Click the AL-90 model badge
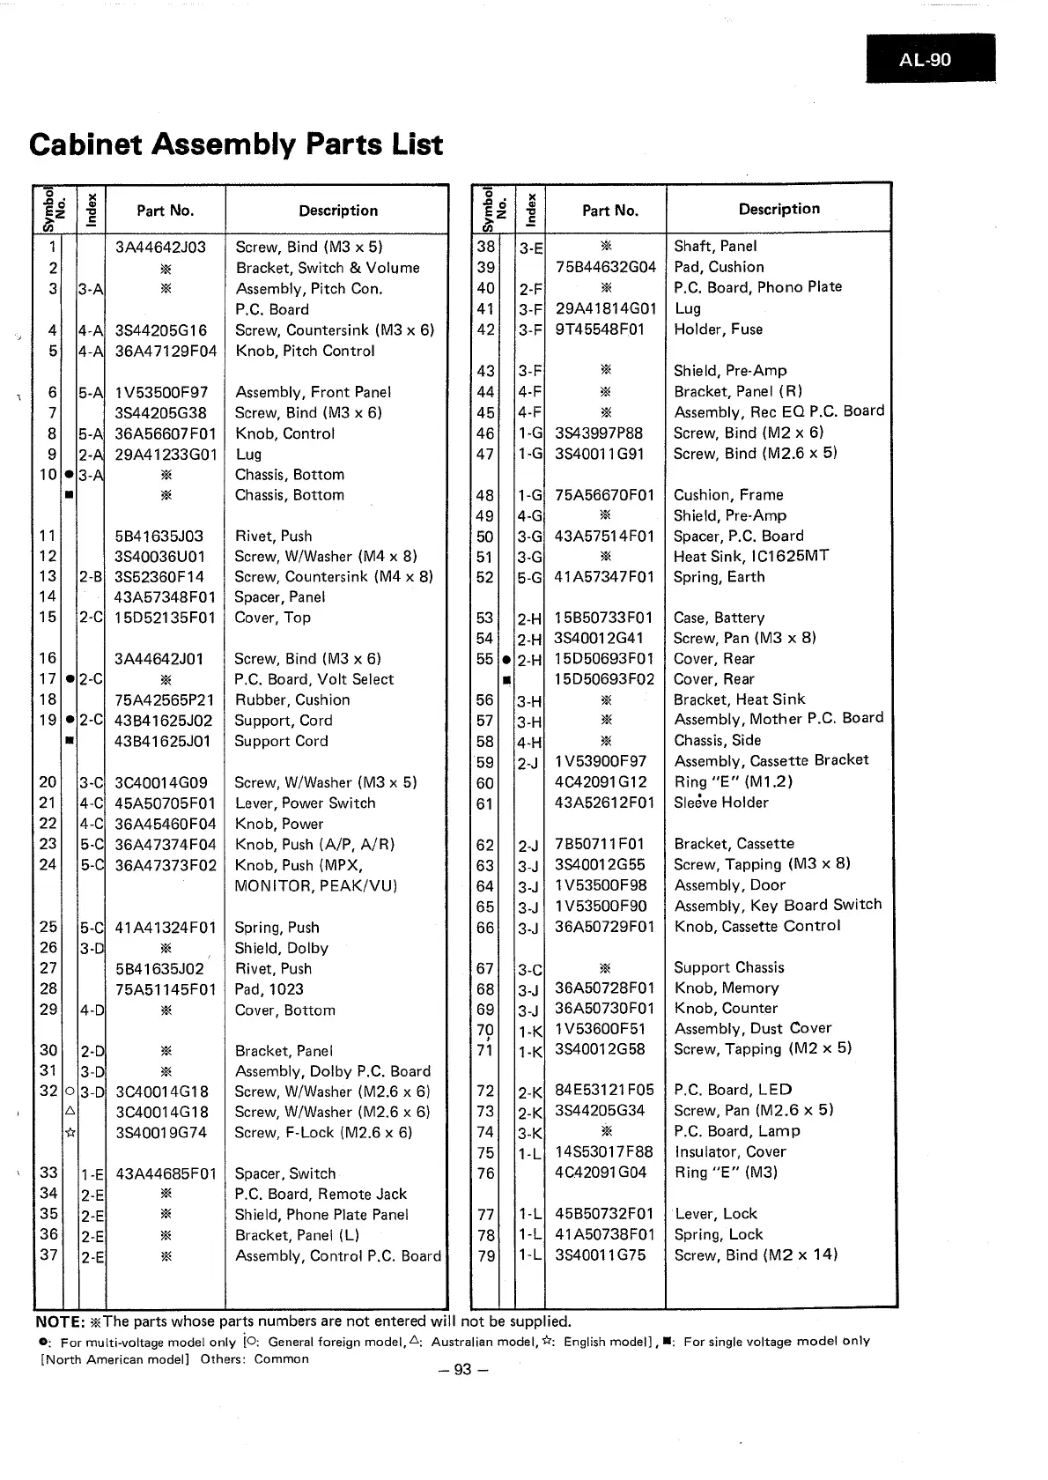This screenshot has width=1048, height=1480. [x=930, y=59]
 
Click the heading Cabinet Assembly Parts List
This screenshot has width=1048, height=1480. [x=236, y=144]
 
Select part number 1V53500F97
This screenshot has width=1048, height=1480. [x=161, y=392]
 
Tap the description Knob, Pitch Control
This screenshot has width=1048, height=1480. [x=305, y=351]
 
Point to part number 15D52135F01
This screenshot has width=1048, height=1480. [x=165, y=618]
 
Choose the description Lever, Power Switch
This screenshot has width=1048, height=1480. [x=305, y=803]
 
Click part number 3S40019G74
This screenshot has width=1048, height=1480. [x=161, y=1132]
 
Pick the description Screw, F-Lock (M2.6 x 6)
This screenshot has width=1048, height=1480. [x=323, y=1132]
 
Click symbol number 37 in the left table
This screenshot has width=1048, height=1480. [x=48, y=1254]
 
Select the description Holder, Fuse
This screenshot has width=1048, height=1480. [x=718, y=329]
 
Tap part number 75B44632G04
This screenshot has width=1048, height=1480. [x=606, y=267]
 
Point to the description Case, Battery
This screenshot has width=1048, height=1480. [x=719, y=618]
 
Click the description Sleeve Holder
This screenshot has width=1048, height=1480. [x=720, y=803]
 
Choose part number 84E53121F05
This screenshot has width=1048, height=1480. [x=604, y=1090]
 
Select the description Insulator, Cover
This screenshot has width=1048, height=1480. [x=729, y=1151]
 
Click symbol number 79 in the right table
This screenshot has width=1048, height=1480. [x=486, y=1255]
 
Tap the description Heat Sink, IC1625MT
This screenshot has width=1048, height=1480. [x=750, y=556]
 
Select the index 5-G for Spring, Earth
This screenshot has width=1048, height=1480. [x=530, y=578]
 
